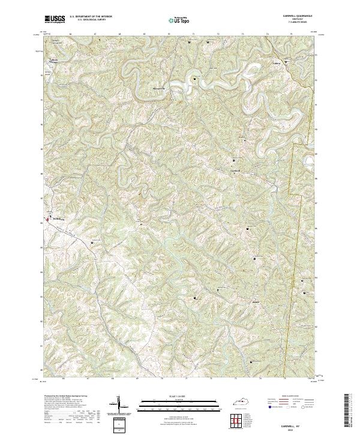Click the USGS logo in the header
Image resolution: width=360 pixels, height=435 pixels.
(54, 19)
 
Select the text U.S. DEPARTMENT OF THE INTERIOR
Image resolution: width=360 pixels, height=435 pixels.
(90, 17)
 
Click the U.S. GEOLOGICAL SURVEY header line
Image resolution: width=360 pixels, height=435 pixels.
(90, 20)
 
